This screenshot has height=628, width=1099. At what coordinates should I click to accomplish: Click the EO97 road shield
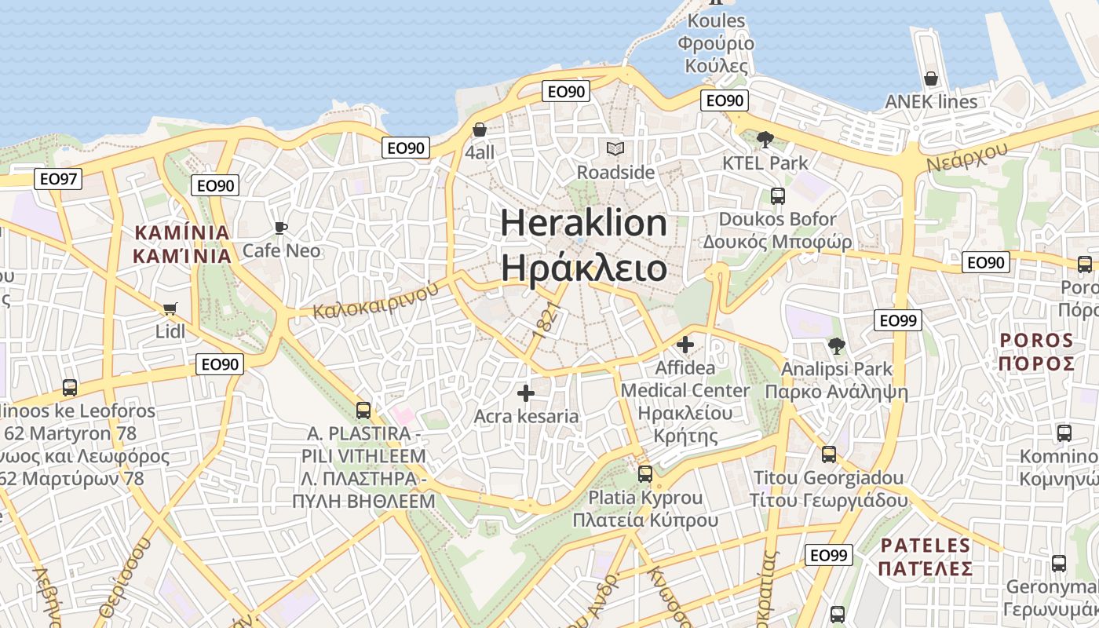[59, 179]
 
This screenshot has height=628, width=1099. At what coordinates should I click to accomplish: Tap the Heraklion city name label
[584, 246]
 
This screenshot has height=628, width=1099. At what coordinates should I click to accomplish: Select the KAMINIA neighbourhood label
[182, 244]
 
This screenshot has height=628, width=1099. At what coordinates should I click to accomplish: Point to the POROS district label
[1036, 352]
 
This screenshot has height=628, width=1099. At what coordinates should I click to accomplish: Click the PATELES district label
[926, 557]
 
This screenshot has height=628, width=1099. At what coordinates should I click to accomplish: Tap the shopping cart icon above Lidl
[170, 309]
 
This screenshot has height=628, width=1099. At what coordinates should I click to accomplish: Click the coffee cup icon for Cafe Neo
[280, 228]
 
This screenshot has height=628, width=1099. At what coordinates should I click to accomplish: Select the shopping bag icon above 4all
[480, 129]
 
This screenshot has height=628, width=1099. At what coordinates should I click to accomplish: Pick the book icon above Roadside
[615, 148]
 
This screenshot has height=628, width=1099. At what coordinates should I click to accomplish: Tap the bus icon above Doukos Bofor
[777, 195]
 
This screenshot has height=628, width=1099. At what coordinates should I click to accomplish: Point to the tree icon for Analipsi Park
[836, 345]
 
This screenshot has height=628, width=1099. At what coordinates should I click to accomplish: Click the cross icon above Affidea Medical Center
[685, 344]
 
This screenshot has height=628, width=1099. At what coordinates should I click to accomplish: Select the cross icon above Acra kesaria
[526, 392]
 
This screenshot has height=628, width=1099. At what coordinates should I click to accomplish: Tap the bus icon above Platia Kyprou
[644, 473]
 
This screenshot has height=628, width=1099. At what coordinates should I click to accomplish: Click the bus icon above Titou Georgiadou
[828, 454]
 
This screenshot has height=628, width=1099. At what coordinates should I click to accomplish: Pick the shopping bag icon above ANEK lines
[931, 78]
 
